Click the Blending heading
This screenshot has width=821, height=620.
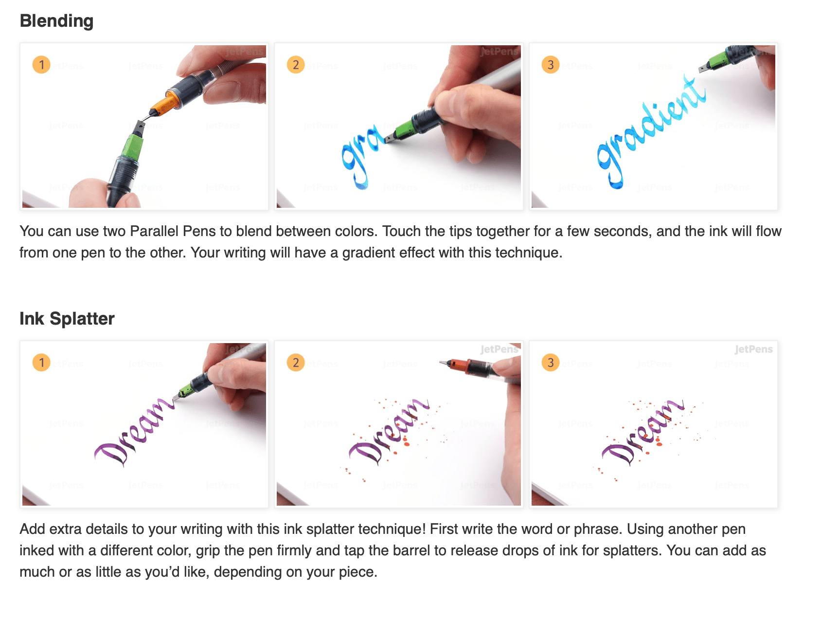(56, 21)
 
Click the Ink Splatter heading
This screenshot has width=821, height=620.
(67, 319)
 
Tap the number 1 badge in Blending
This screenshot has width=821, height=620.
(41, 64)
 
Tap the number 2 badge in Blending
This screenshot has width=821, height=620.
(296, 64)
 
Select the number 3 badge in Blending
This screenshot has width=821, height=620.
(551, 64)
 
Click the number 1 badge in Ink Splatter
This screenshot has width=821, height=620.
(41, 363)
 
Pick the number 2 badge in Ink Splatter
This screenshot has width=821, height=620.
(296, 363)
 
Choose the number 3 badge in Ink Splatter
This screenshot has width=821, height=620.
(551, 363)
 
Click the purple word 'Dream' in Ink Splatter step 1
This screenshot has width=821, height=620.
(134, 431)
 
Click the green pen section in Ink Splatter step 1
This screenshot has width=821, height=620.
(186, 390)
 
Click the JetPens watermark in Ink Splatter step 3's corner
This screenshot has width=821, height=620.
(753, 349)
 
